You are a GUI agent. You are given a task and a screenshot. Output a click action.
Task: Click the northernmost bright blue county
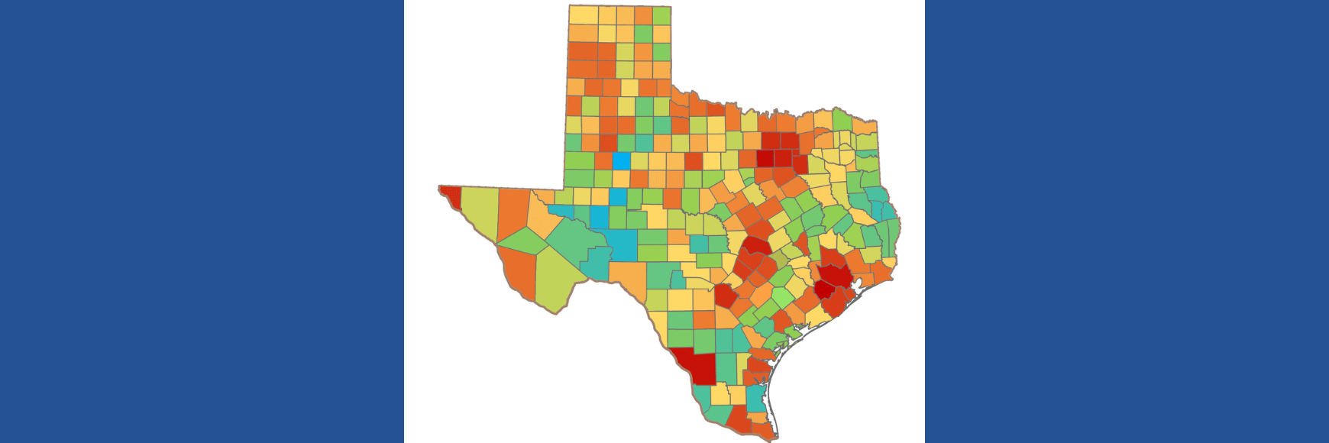622,160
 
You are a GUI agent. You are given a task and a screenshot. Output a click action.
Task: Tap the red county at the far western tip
451,196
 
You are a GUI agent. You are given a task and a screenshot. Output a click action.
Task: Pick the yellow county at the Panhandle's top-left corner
583,15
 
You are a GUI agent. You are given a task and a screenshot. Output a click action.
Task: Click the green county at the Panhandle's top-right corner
661,15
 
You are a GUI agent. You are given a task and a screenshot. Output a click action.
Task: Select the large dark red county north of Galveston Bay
835,275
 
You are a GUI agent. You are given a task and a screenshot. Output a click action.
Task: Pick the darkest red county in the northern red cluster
765,159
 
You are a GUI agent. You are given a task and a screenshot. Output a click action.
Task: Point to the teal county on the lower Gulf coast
755,397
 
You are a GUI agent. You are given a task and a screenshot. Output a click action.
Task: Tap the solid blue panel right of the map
1127,221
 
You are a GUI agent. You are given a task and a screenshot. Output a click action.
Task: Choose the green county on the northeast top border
841,120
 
